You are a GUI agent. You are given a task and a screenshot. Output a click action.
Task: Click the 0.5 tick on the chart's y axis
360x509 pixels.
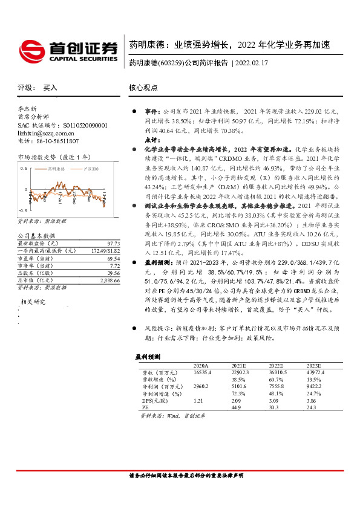click(x=25, y=167)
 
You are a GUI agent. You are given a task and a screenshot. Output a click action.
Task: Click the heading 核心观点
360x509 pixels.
click(x=143, y=88)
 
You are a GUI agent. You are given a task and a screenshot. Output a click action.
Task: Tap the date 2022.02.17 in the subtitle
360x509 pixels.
click(x=253, y=62)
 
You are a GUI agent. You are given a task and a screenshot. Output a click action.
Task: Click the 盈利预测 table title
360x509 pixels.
click(x=148, y=356)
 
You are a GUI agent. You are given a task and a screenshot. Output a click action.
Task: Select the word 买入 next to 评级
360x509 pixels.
click(x=50, y=88)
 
